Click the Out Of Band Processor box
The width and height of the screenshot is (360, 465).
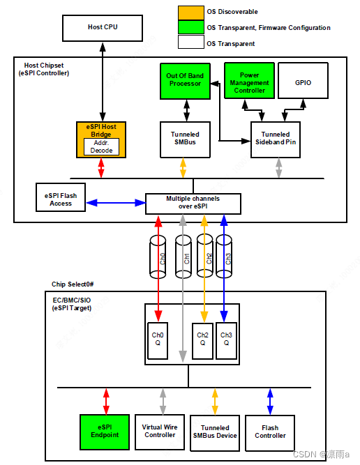[185, 80]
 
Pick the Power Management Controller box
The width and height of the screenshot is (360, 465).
[249, 80]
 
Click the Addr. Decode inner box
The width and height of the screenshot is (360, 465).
[101, 146]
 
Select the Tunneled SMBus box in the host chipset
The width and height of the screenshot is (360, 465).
[185, 139]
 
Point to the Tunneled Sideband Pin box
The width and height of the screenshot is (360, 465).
[276, 139]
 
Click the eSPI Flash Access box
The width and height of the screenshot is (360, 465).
[61, 199]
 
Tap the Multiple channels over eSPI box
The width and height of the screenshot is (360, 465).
[193, 204]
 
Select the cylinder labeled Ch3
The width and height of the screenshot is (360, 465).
[224, 257]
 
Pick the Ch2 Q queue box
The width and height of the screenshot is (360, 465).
[202, 340]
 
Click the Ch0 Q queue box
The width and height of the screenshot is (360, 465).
[158, 340]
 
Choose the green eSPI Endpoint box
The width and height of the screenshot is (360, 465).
[105, 432]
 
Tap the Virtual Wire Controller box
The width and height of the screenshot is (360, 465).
[160, 432]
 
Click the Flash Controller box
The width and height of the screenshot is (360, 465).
[270, 432]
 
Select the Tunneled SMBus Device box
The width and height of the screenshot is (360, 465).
[215, 432]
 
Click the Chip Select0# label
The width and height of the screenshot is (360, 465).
[73, 284]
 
